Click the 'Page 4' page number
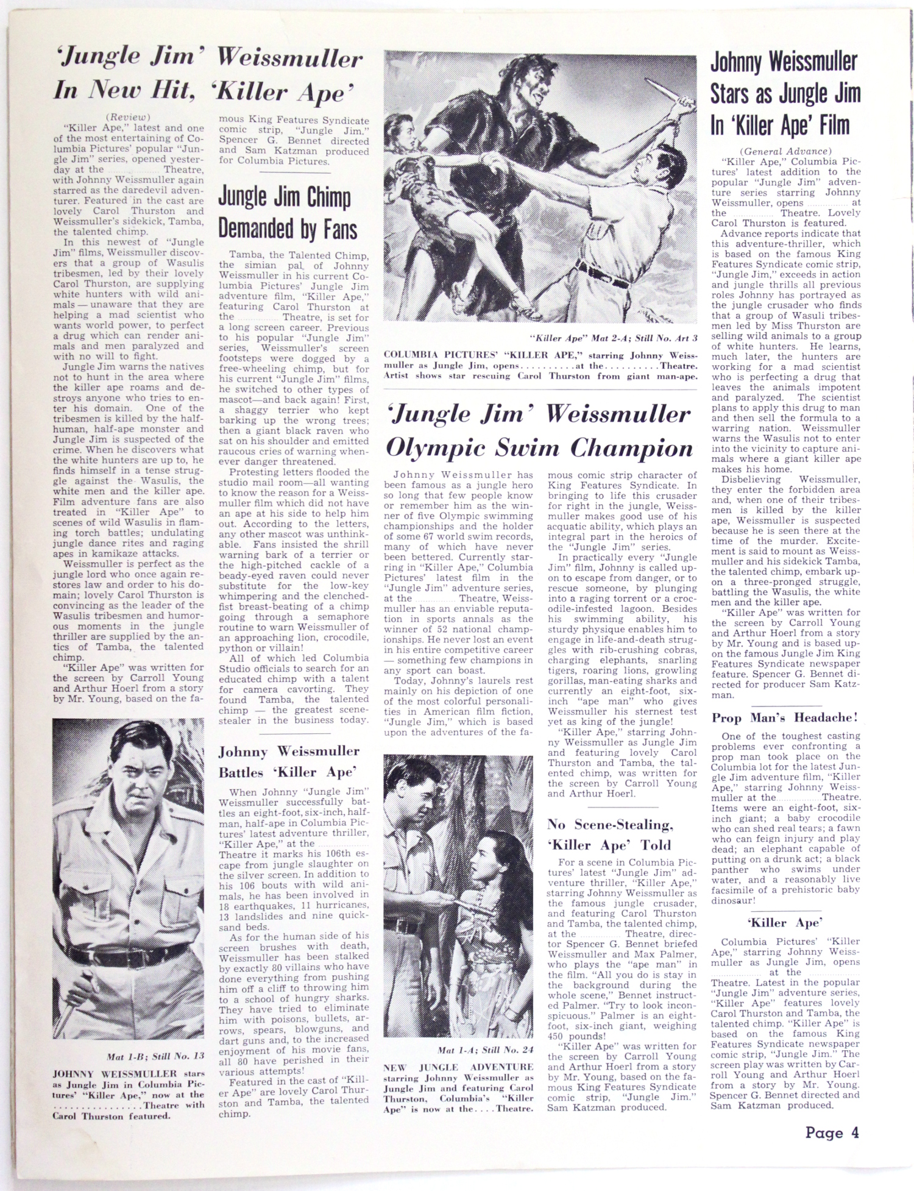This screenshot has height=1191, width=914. pyautogui.click(x=832, y=1132)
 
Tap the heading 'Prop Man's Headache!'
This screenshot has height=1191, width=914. pyautogui.click(x=785, y=717)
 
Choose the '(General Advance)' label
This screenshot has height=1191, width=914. pyautogui.click(x=785, y=151)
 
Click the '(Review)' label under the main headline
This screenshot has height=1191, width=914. pyautogui.click(x=128, y=117)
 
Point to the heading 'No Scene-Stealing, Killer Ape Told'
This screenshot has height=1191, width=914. pyautogui.click(x=609, y=834)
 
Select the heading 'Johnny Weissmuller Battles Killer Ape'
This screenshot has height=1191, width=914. pyautogui.click(x=289, y=761)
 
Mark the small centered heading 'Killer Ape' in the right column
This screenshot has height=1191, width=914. pyautogui.click(x=785, y=922)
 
